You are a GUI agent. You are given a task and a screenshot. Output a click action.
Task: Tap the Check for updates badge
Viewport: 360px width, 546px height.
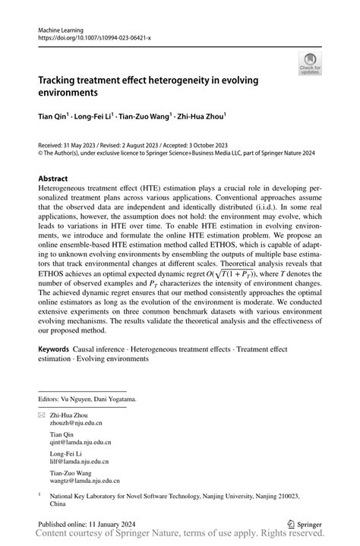tap(310, 65)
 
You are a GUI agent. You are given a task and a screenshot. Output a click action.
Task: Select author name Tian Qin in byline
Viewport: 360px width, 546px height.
tap(54, 118)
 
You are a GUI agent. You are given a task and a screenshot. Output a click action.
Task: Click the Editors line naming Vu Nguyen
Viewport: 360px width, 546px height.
tap(87, 399)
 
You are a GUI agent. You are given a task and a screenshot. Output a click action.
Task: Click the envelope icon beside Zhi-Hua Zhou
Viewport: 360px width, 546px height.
tap(42, 416)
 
